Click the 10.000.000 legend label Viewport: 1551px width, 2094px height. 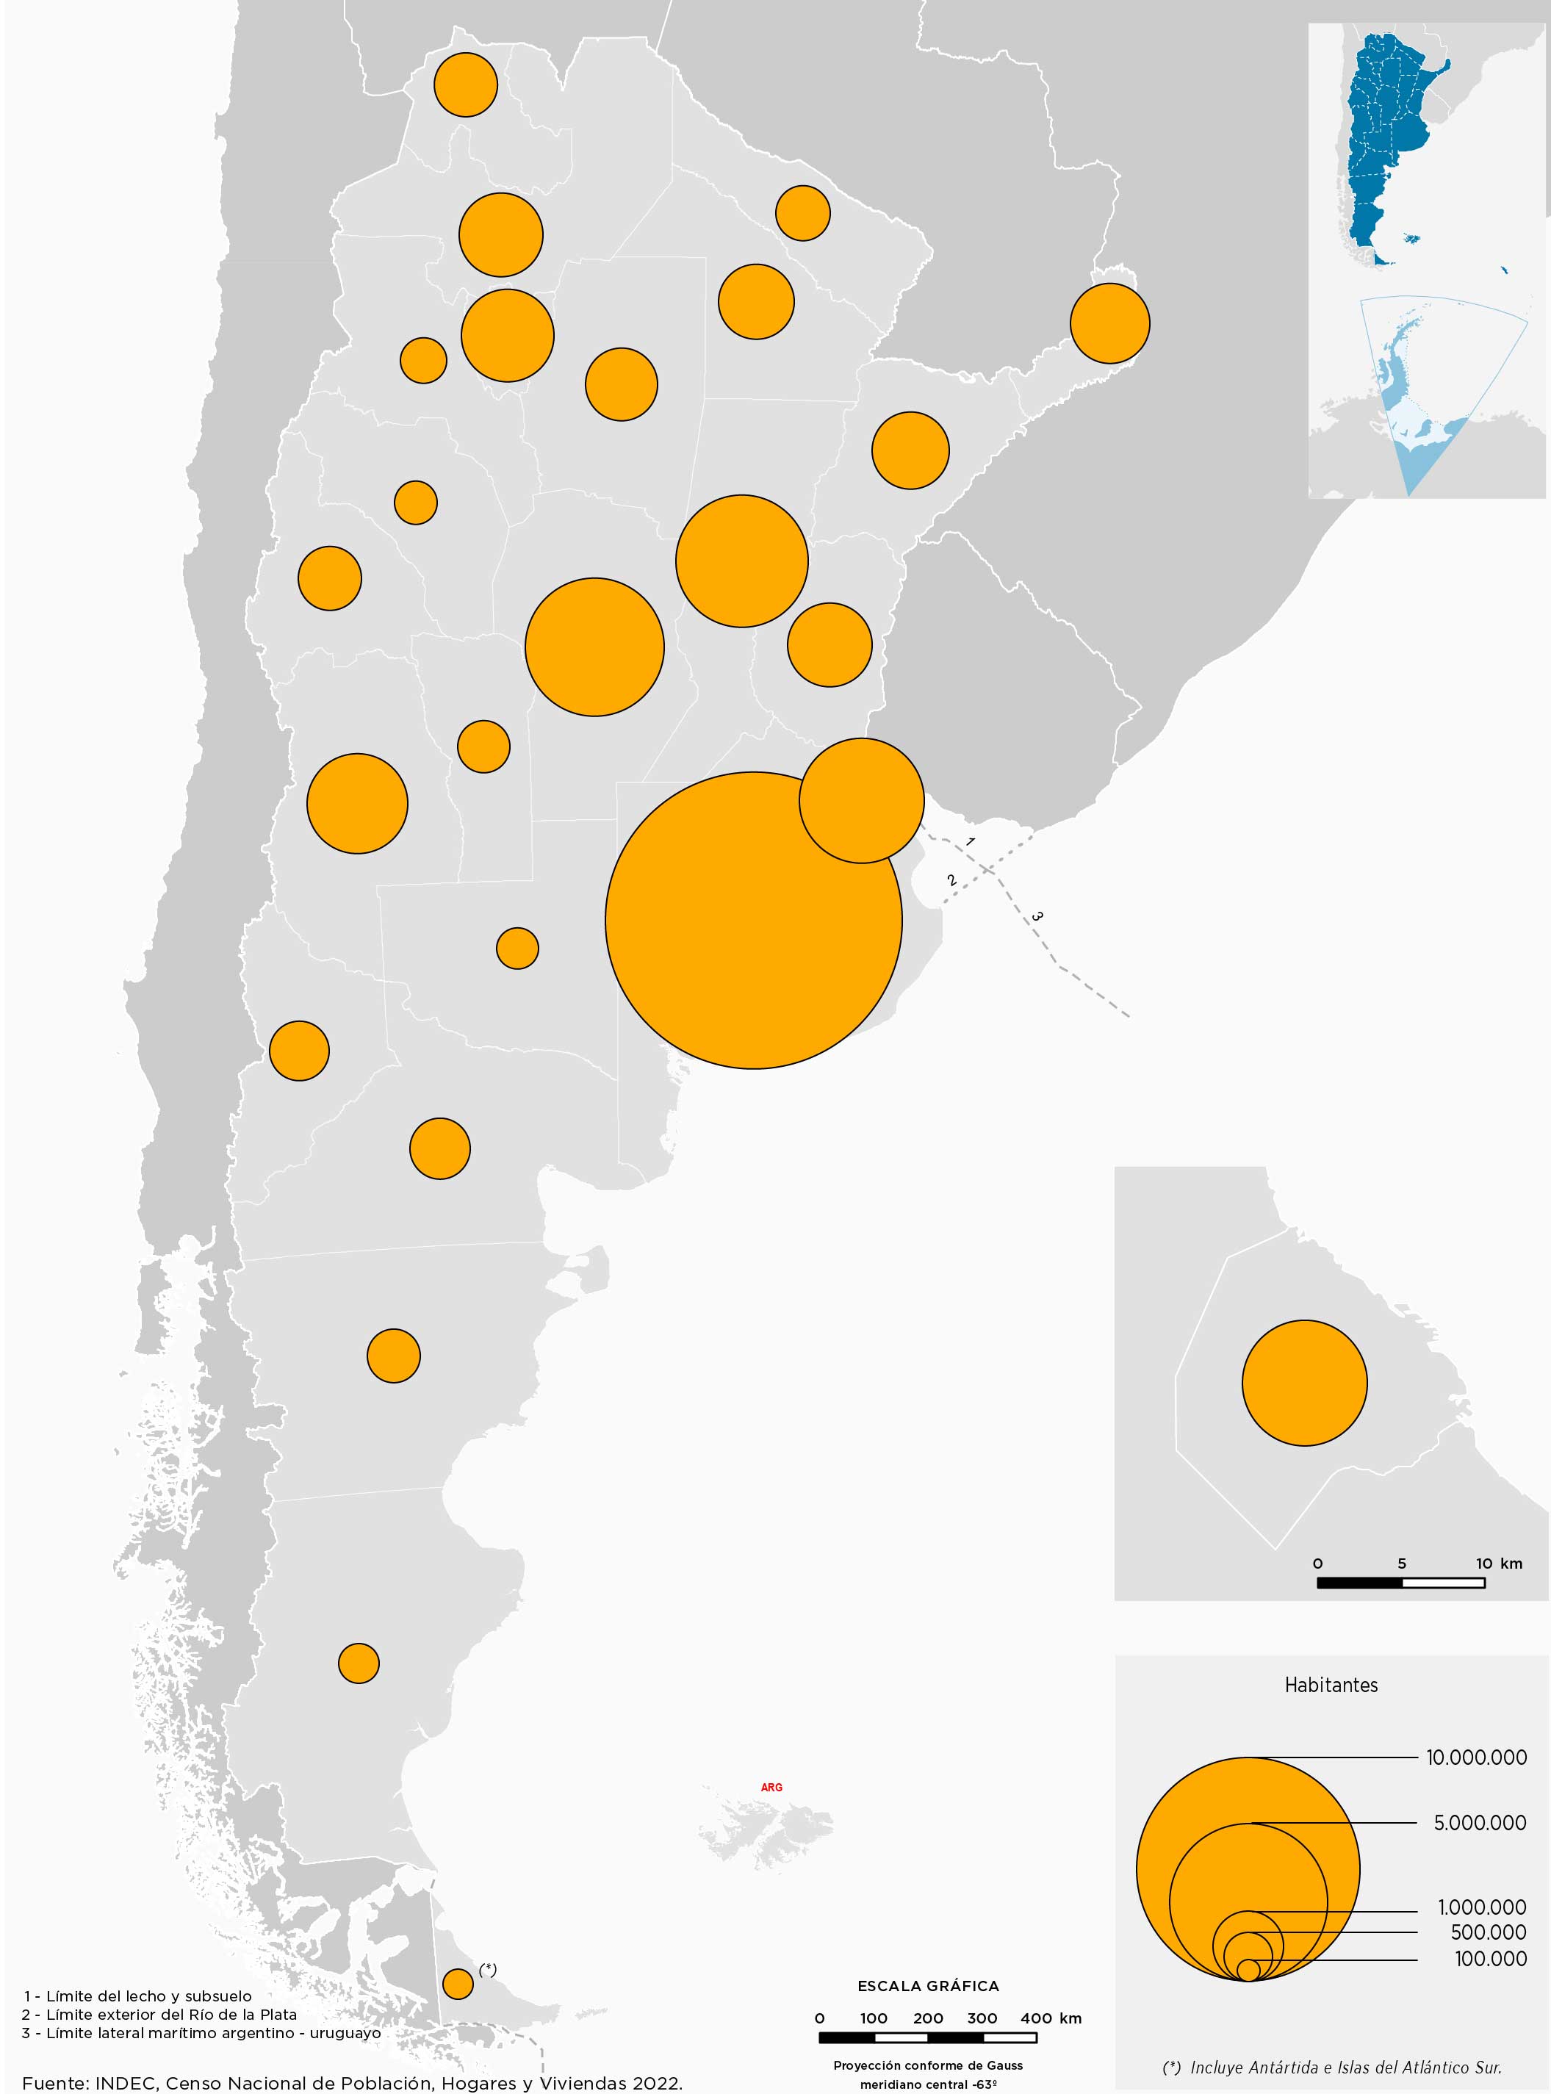pos(1476,1757)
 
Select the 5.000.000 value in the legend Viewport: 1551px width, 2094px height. pos(1479,1823)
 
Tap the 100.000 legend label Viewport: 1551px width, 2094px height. pos(1490,1959)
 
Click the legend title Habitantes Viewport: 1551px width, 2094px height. pos(1331,1685)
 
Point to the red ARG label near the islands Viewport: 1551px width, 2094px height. pos(771,1787)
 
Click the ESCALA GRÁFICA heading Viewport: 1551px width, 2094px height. pos(928,1986)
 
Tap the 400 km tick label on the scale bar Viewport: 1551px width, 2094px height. pos(1050,2018)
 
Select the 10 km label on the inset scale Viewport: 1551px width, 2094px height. pos(1498,1564)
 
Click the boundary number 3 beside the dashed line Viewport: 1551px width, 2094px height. pos(1037,915)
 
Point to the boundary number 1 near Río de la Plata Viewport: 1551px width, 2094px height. pos(970,842)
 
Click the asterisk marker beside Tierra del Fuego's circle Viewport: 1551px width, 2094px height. pos(487,1969)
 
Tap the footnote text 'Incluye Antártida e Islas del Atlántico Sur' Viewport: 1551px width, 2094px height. pos(1345,2067)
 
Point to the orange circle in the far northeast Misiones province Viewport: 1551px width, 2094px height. pos(1109,323)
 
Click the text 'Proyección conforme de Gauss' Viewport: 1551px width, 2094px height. pos(928,2065)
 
